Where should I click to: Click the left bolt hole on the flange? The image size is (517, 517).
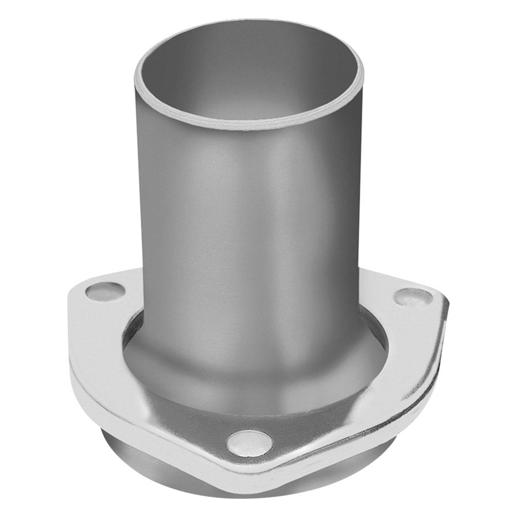pyautogui.click(x=105, y=292)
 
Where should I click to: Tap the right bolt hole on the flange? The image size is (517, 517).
pyautogui.click(x=413, y=297)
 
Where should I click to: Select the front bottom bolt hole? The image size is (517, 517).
pyautogui.click(x=249, y=443)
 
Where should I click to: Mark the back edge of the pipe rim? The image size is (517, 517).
pyautogui.click(x=248, y=22)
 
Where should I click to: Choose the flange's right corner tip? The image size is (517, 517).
pyautogui.click(x=446, y=302)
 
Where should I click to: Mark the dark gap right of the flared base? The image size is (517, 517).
pyautogui.click(x=375, y=331)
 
